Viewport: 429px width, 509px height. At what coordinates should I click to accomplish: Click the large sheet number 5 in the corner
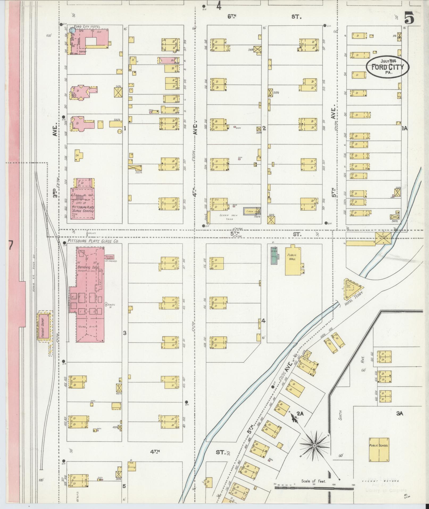[409, 19]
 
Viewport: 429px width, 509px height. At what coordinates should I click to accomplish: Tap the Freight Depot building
[44, 326]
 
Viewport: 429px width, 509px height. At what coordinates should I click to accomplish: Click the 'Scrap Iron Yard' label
[226, 217]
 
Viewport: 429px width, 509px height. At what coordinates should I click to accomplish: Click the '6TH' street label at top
[232, 16]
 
